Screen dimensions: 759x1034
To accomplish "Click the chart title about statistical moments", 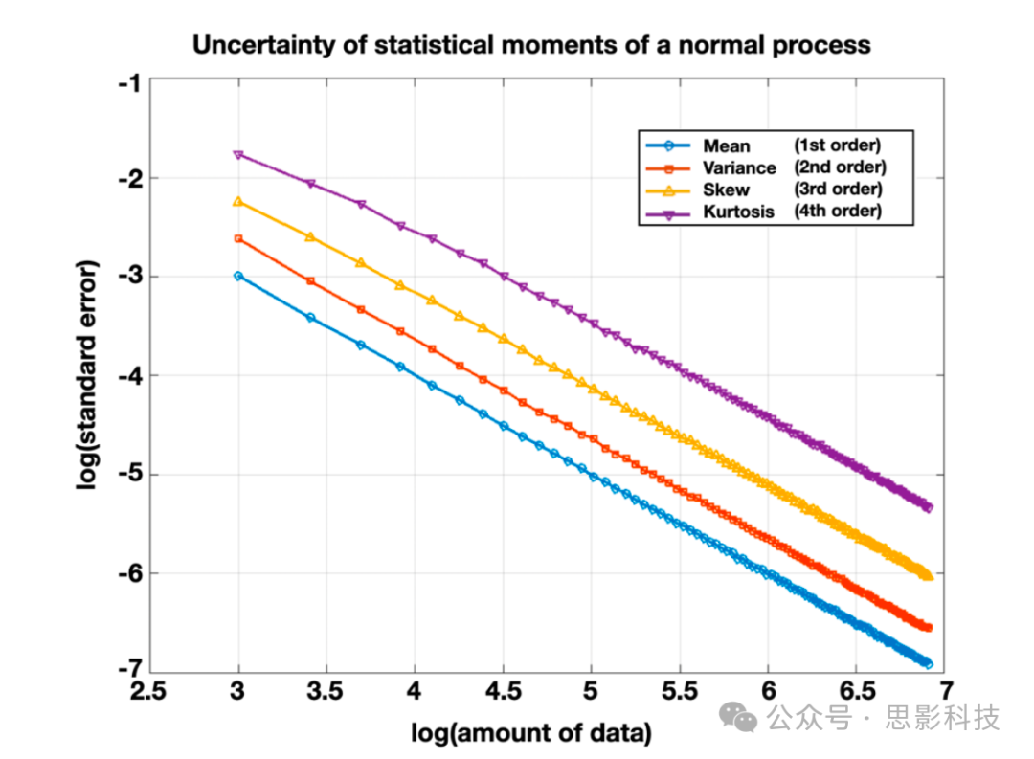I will (531, 44).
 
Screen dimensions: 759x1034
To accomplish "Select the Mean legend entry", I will (727, 146).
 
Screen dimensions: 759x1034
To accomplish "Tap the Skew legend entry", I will (726, 190).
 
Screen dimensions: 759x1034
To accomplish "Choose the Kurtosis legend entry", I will (738, 212).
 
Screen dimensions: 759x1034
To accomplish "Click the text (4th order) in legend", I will (838, 211).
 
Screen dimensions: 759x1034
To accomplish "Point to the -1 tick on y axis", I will (129, 82).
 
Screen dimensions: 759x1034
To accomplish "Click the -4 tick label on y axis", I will (129, 375).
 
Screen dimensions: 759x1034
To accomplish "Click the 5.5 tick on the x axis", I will (680, 689).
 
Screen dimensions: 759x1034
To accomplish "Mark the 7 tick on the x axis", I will (945, 689).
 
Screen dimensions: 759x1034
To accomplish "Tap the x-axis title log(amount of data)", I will (531, 733).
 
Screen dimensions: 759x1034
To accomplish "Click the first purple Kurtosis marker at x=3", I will (238, 154).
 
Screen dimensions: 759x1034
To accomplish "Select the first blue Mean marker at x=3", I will (238, 276).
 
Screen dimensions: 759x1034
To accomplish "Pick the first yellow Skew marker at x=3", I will (238, 202).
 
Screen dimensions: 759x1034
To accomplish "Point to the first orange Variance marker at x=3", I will (238, 239).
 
